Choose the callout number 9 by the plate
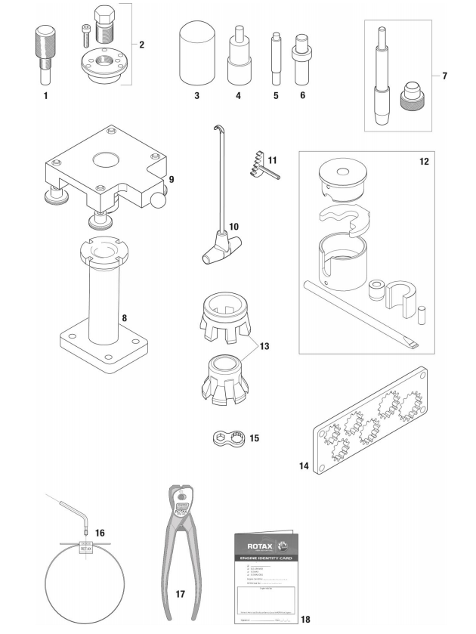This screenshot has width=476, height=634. pos(172,180)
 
